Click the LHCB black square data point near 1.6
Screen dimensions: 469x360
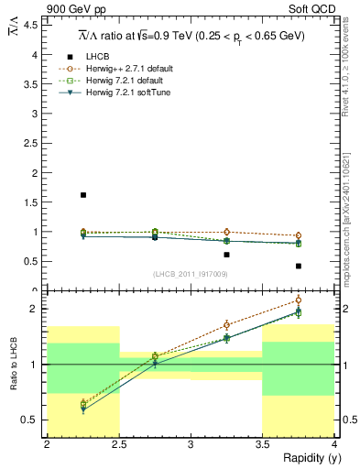[x=83, y=195]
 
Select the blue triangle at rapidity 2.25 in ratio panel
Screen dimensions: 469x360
[x=83, y=409]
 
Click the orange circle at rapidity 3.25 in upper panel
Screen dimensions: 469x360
[x=226, y=232]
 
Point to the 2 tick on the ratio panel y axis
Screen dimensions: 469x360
[x=34, y=309]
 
